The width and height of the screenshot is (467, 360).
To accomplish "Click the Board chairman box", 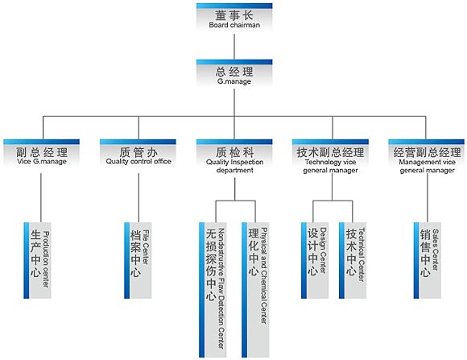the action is point(234,17).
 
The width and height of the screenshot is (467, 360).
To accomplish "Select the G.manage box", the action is point(234,73).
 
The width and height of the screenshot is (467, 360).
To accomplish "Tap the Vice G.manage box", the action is point(42,153).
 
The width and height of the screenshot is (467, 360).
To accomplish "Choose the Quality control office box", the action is point(138,153).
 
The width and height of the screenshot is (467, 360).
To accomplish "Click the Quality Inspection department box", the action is point(234,157).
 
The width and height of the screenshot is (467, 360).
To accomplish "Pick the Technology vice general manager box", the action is point(331,157).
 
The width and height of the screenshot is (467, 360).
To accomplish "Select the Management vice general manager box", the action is point(427,157).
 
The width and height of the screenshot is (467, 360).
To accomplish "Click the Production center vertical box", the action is point(38,260).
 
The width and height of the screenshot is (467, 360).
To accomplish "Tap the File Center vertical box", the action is point(138,260).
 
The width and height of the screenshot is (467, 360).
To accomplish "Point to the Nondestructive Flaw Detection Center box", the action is point(213,290).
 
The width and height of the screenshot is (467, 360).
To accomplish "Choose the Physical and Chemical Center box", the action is point(255,290).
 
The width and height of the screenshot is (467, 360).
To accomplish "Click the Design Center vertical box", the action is point(315,260).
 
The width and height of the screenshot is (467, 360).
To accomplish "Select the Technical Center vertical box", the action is point(353,260).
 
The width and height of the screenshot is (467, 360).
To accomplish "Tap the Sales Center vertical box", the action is point(428,260).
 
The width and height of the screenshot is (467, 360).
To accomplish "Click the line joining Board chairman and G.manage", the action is point(234,47).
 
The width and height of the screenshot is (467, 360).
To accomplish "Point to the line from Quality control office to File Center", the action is point(138,198).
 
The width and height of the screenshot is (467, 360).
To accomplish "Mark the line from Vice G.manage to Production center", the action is point(41,198).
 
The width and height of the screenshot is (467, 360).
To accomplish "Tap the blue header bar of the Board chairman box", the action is point(234,6).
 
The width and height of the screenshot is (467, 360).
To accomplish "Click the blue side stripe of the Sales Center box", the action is point(416,260).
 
